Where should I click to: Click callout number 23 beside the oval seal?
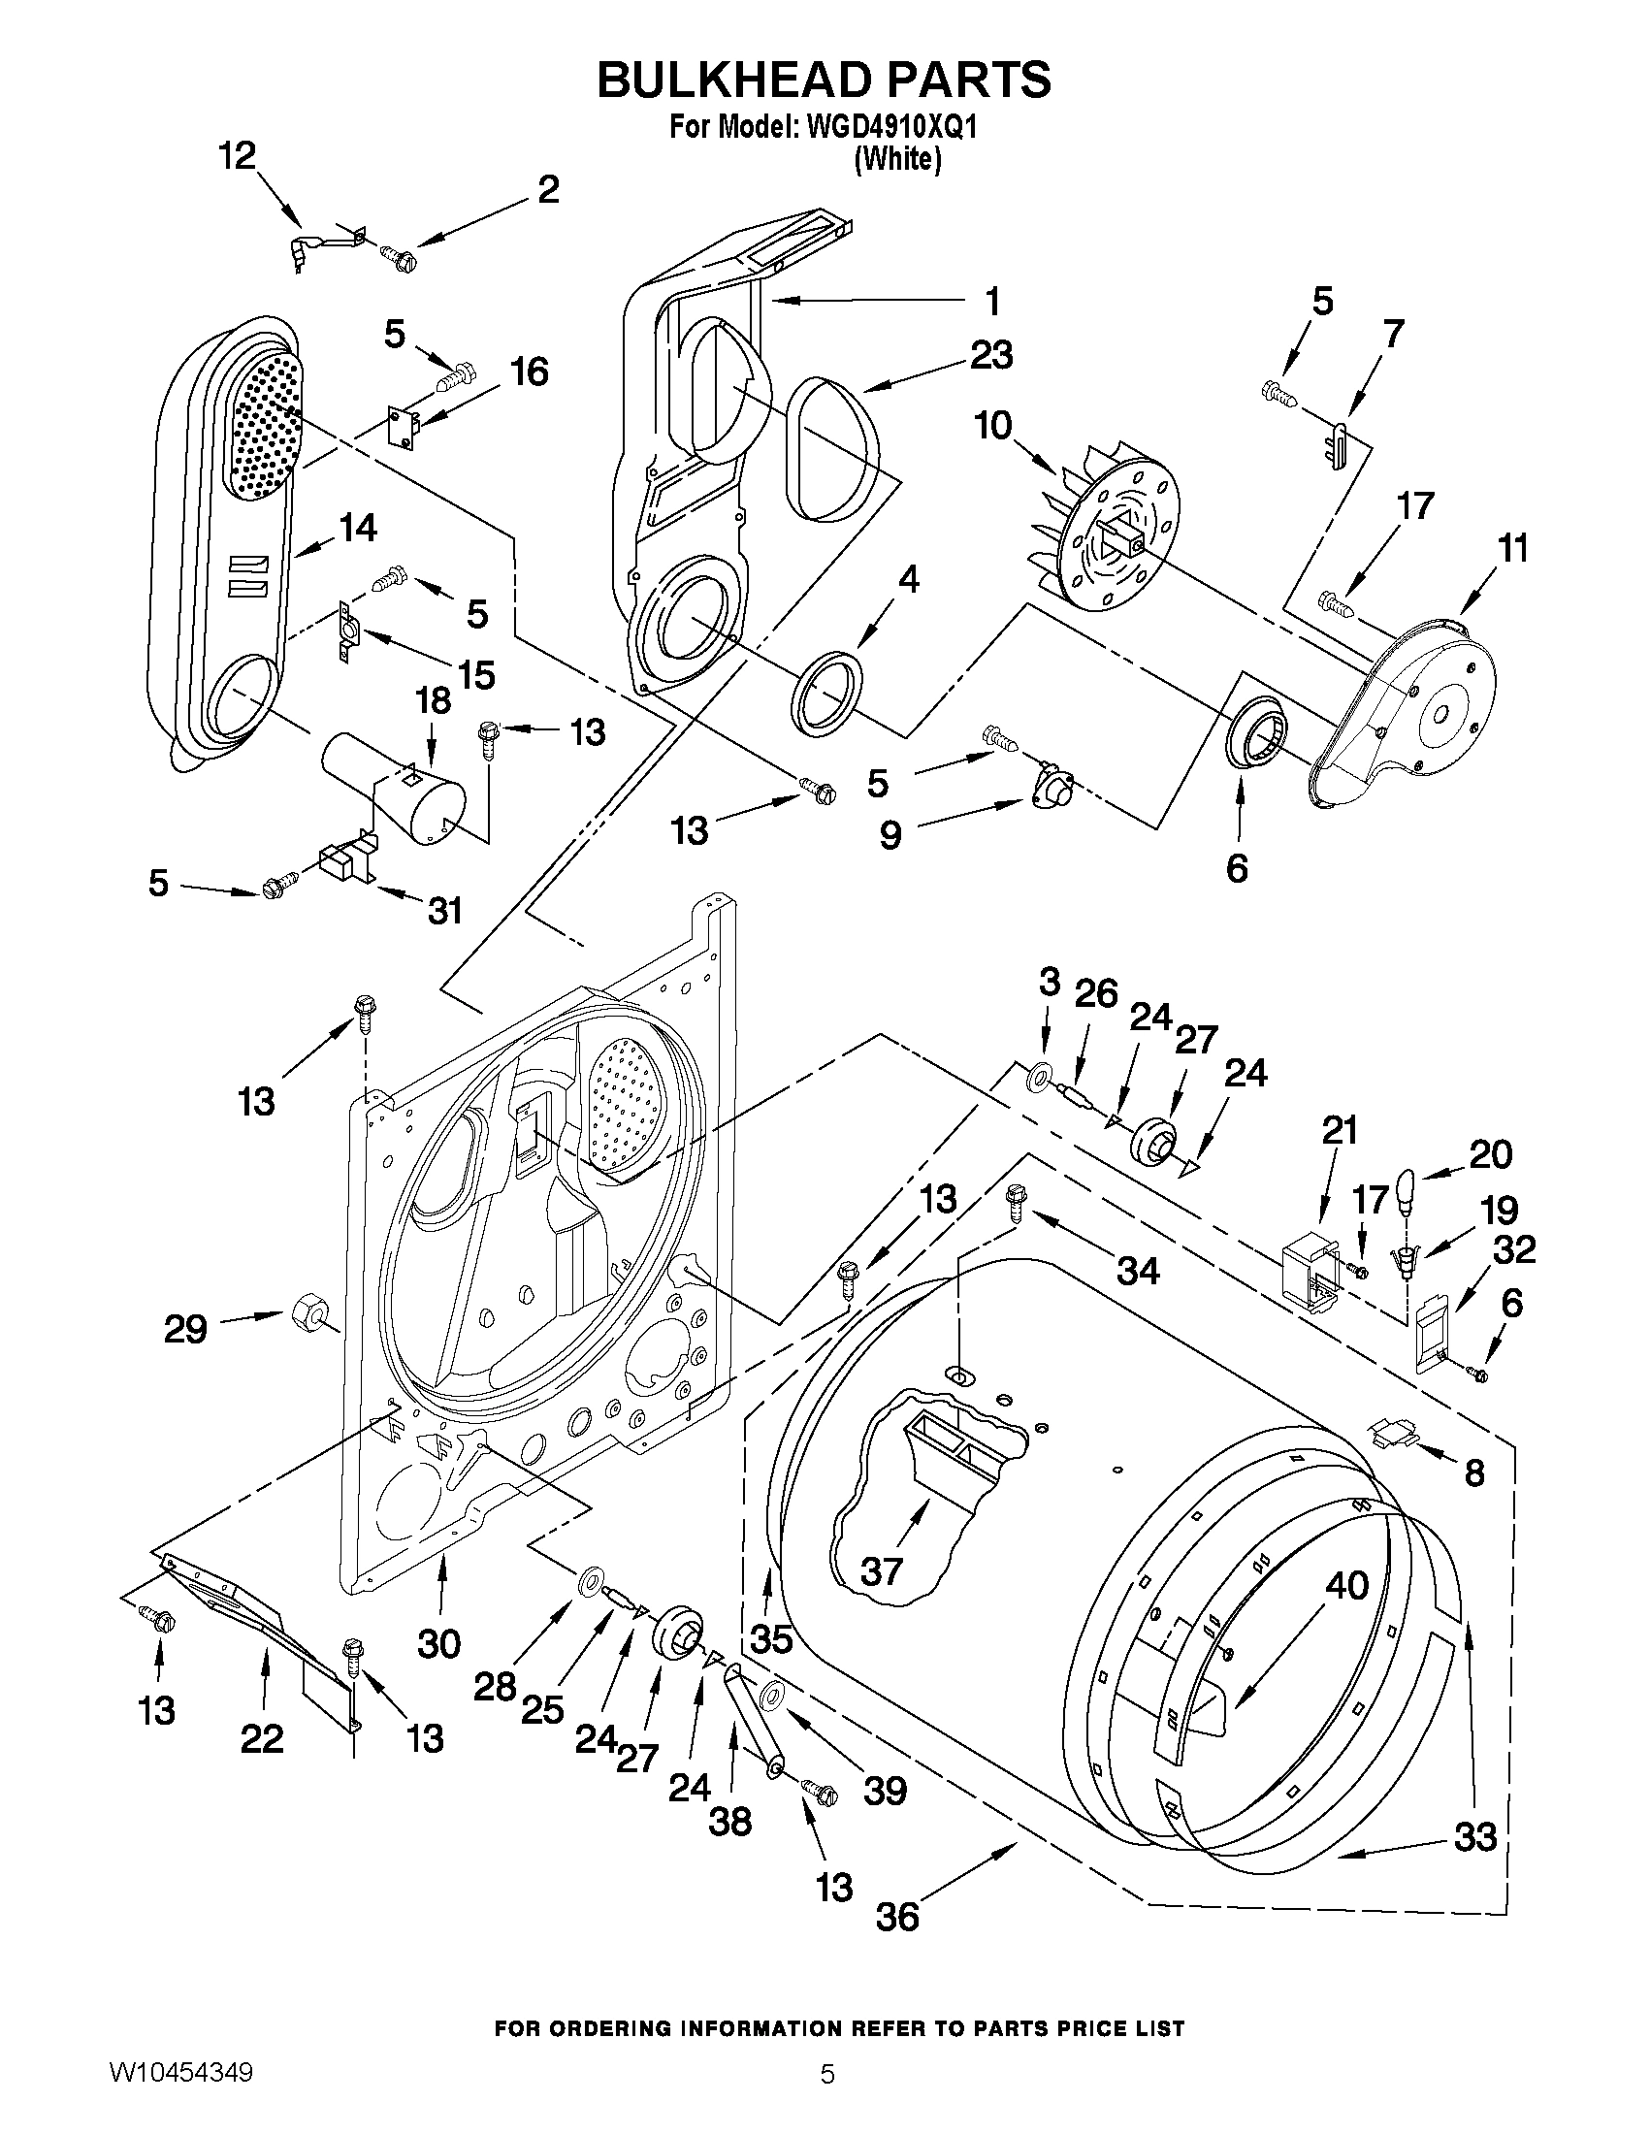[990, 355]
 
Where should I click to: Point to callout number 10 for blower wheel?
[992, 426]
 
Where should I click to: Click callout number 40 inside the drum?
[1346, 1586]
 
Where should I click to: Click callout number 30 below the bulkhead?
[438, 1643]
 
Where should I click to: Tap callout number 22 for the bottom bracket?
[262, 1738]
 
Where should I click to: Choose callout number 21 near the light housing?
[1341, 1131]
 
